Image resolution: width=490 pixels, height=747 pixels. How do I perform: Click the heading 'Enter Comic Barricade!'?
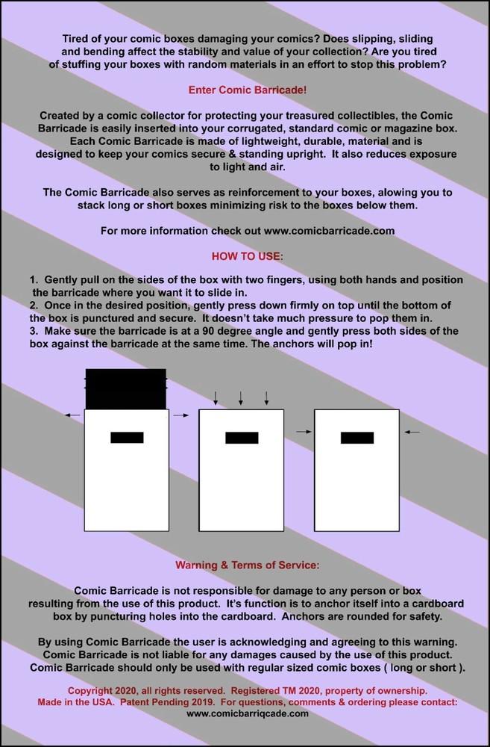click(x=248, y=90)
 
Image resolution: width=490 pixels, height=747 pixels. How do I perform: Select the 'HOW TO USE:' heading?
click(x=248, y=255)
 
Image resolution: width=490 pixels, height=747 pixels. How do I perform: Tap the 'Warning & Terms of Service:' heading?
click(x=248, y=565)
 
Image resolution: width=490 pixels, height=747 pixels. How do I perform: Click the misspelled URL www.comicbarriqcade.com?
click(x=248, y=713)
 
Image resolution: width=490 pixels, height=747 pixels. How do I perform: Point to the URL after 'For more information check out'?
click(x=329, y=231)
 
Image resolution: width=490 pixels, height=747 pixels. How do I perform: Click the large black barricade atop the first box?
click(x=125, y=388)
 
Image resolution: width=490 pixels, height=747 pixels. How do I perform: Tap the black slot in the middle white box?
click(x=242, y=438)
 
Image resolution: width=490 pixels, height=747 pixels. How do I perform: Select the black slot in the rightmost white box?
click(x=357, y=438)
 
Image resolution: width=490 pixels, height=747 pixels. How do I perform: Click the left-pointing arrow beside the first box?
click(x=73, y=415)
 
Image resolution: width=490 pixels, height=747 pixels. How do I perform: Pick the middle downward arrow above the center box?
click(x=241, y=398)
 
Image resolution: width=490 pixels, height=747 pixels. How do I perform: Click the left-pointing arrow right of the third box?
click(x=412, y=432)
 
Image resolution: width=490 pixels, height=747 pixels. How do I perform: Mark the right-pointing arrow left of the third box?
click(x=304, y=432)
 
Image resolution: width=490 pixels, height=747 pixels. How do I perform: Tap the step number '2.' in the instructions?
click(x=34, y=305)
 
